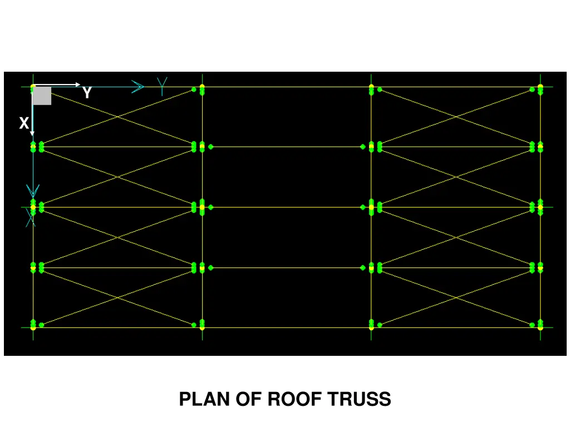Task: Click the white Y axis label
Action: [87, 93]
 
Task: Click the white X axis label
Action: [23, 123]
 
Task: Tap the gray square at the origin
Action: [42, 96]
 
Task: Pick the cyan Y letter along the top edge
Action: [162, 86]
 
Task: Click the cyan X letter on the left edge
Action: [31, 219]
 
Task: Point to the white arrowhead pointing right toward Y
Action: [77, 85]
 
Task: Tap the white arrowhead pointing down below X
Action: [32, 133]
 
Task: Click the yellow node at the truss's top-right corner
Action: [540, 87]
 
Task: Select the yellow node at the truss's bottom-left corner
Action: [33, 327]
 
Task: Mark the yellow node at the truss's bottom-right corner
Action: [540, 327]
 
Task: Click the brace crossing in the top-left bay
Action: [117, 117]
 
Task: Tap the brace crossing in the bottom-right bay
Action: [456, 297]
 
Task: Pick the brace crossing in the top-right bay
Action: [456, 117]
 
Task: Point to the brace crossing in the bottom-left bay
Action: [117, 297]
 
